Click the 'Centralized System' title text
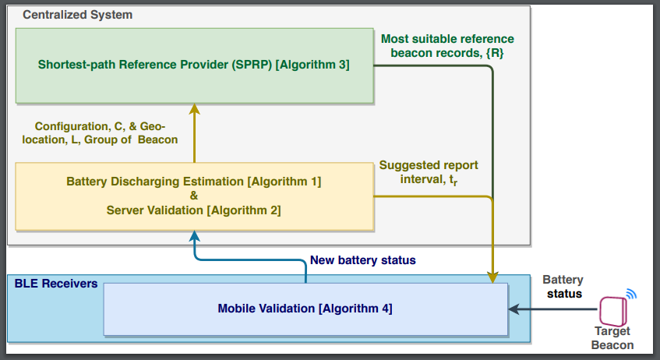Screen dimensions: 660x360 coord(77,15)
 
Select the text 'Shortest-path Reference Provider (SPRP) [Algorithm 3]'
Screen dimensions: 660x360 coord(193,65)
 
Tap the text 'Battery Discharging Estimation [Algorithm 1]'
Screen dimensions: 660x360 coord(193,182)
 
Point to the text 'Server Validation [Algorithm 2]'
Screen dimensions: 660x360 coord(193,210)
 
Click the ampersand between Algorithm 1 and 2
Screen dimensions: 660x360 coord(193,196)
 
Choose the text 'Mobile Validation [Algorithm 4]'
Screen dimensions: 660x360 coord(305,309)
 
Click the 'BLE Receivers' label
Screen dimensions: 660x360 coord(56,284)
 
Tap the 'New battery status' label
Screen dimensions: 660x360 coord(363,260)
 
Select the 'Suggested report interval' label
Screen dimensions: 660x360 coord(429,172)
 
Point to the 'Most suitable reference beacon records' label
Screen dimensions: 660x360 coord(447,46)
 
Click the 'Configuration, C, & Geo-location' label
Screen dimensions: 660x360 coord(100,133)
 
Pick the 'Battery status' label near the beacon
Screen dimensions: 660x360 coord(563,287)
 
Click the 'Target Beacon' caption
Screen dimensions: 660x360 coord(612,338)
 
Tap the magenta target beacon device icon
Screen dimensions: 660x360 coord(613,311)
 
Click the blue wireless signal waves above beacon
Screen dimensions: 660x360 coord(631,294)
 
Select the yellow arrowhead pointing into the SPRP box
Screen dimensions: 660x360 coord(194,108)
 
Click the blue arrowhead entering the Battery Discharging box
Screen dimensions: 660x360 coord(194,236)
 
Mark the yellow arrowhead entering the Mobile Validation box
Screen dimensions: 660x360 coord(492,277)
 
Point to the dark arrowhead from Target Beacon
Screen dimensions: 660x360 coord(514,309)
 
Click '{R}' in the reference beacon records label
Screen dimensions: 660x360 coord(495,53)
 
